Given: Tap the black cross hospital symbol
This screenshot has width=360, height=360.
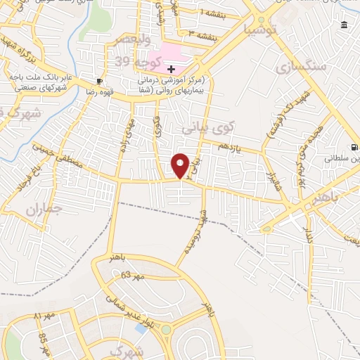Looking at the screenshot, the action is tap(172, 68).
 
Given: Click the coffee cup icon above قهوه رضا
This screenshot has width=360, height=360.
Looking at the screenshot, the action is tap(100, 81).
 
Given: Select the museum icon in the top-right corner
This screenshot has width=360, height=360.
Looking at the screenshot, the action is tap(344, 25).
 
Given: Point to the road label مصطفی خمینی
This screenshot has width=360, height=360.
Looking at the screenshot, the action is tap(58, 158).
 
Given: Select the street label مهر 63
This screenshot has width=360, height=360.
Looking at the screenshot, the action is tap(132, 276).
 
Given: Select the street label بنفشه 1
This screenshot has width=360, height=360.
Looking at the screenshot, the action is tap(214, 13).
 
